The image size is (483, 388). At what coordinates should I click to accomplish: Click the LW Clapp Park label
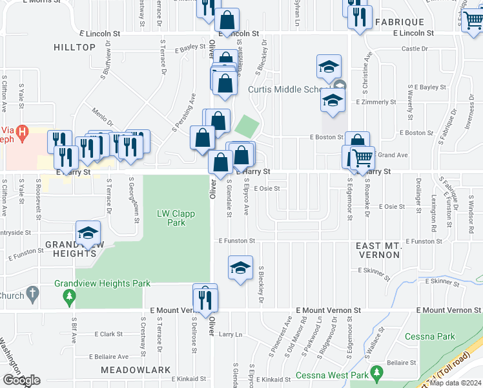170,218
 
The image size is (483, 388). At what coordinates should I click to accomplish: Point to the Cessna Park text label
429,336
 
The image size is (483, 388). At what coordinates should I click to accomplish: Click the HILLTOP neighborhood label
74,47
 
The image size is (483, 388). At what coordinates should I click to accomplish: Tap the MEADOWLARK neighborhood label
125,370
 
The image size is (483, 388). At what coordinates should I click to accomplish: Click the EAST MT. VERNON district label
387,251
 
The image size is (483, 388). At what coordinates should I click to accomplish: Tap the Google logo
21,380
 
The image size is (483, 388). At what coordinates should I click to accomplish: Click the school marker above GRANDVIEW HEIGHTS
88,233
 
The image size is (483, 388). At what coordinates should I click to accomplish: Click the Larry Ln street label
230,334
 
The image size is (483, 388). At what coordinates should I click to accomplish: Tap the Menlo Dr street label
102,118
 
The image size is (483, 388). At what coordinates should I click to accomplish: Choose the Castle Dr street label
415,48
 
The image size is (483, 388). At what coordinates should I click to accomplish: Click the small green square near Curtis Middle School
246,125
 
